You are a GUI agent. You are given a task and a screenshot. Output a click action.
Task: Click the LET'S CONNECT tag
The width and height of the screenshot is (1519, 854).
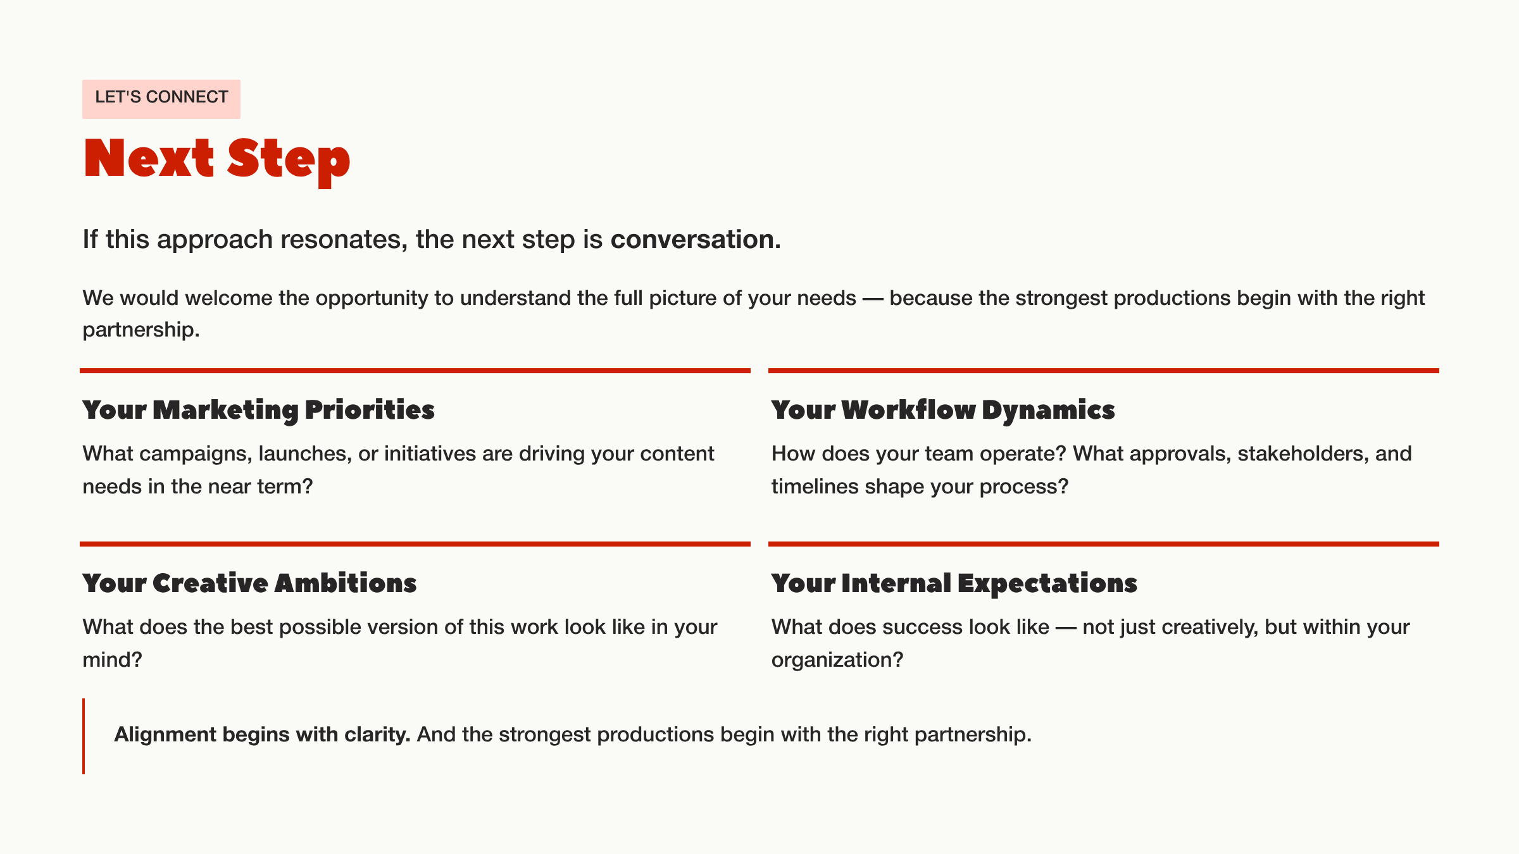[x=161, y=98]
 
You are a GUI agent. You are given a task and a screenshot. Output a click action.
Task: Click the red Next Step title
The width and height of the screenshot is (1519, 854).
[x=216, y=159]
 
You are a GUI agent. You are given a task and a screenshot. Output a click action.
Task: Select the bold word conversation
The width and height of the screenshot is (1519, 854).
[x=692, y=240]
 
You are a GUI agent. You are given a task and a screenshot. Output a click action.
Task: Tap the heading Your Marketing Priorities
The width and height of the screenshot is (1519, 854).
[x=258, y=410]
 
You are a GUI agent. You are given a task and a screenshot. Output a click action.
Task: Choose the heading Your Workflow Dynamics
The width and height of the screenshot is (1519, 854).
[x=942, y=410]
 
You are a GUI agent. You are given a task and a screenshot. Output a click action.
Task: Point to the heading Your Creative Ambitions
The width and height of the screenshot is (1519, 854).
[x=249, y=583]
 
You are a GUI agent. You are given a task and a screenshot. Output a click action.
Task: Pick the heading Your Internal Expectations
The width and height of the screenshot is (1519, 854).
[x=954, y=583]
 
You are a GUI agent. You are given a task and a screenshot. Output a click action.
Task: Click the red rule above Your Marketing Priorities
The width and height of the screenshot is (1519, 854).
[x=415, y=371]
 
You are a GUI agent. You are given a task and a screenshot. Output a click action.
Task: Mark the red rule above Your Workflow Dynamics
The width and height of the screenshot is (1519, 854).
[x=1103, y=371]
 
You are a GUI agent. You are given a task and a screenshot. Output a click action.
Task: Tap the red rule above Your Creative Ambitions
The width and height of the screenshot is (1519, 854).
[x=415, y=544]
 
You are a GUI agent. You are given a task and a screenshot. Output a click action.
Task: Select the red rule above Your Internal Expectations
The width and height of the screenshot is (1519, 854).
[x=1103, y=544]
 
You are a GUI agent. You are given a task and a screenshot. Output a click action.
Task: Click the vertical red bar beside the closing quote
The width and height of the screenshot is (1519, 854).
[x=84, y=736]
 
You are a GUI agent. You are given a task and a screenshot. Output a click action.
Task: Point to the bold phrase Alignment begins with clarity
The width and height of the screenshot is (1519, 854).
[x=262, y=734]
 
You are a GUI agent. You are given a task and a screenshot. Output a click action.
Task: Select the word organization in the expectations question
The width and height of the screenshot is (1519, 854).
[x=832, y=660]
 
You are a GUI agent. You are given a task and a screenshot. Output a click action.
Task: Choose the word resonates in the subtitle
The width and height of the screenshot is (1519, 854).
[x=341, y=240]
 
